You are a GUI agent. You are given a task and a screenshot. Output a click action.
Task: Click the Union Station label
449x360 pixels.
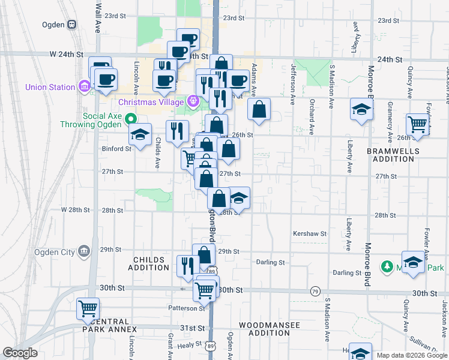coord(50,87)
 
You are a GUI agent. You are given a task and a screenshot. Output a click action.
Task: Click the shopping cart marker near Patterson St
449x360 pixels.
coord(205,291)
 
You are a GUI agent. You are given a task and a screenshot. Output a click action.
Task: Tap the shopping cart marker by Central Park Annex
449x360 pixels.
coord(88,308)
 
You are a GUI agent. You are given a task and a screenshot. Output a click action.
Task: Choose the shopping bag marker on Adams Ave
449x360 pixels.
coord(259,109)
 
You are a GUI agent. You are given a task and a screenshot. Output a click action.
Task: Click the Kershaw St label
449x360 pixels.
coord(309,233)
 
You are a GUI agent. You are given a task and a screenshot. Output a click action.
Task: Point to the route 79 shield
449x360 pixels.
coord(315,292)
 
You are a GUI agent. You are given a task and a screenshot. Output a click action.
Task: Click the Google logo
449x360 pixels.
coord(20,353)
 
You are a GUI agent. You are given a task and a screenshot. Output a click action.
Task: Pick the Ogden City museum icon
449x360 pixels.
coord(83,251)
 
